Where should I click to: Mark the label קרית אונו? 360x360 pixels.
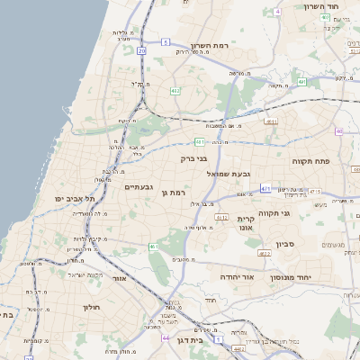247,222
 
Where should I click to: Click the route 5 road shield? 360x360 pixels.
279,12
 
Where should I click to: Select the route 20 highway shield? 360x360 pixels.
142,51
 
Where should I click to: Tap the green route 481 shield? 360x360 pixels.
200,141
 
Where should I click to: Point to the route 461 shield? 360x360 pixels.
154,246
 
